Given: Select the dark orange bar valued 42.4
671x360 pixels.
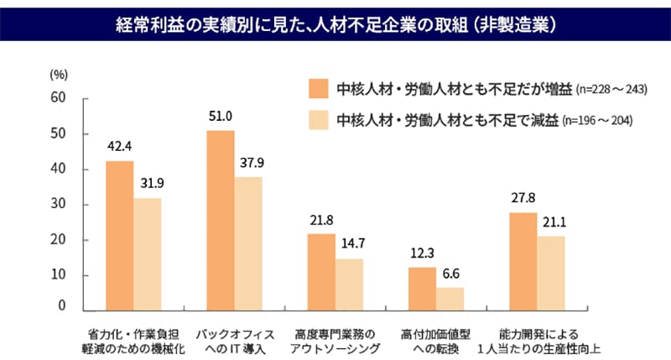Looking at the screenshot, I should coord(119,235).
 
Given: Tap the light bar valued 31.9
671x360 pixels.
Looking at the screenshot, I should coord(147,253).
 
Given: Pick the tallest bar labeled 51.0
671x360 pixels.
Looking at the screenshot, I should coord(221,220).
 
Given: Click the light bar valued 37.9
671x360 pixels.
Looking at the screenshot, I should coord(248,243).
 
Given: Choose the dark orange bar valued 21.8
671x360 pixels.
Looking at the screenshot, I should coord(321,272).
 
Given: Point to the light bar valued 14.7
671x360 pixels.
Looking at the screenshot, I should coord(349,284).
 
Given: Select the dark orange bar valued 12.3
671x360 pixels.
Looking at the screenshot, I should coord(422,289).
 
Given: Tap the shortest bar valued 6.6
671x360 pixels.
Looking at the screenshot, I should coord(450,299).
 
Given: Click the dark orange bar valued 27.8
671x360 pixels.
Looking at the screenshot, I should coord(523,261).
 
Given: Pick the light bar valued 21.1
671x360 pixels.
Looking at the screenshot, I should coord(551,273).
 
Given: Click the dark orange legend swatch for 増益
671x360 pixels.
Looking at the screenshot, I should coord(318,88).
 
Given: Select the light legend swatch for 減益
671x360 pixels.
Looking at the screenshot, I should coord(318,120).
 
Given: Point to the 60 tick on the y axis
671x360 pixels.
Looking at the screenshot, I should coord(58,98).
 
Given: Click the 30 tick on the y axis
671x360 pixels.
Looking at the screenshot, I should coord(58,205).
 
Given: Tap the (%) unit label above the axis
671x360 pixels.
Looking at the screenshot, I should coord(58,74).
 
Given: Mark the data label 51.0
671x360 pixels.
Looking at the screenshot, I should coord(221,116).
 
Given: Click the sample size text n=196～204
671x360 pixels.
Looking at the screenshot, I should coord(596,121).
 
